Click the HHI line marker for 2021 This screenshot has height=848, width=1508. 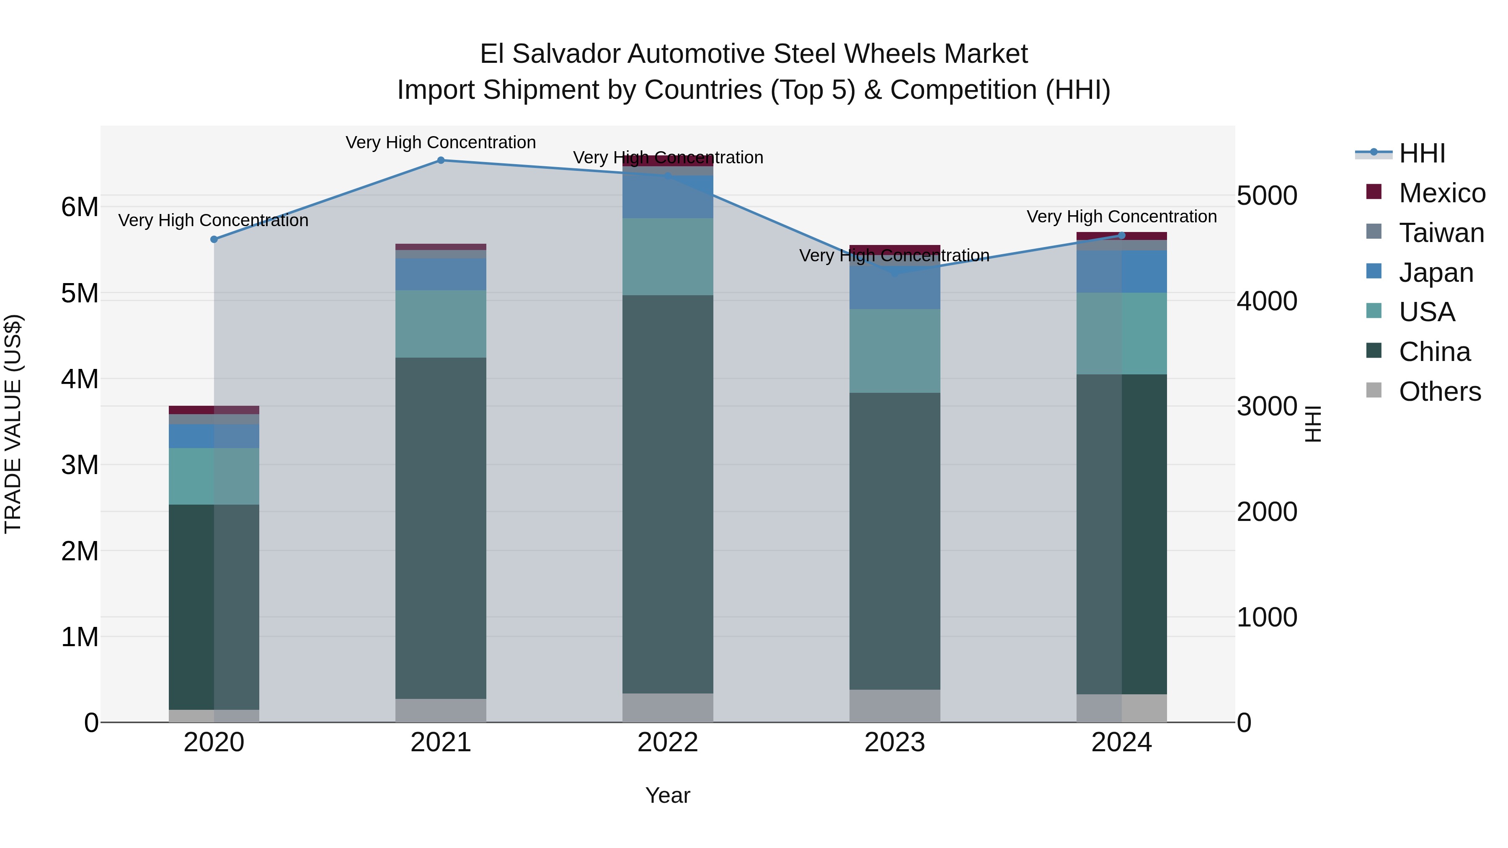point(441,160)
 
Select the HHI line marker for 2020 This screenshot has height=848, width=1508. point(214,240)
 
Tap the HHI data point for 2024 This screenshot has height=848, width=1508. point(1122,236)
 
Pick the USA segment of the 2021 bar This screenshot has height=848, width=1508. point(441,324)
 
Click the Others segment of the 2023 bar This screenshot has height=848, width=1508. point(894,706)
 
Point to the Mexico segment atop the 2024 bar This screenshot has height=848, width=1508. point(1122,236)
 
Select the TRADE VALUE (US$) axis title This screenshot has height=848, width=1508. point(13,424)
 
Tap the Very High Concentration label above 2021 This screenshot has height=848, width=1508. point(441,142)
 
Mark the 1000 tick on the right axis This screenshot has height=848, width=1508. point(1267,617)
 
